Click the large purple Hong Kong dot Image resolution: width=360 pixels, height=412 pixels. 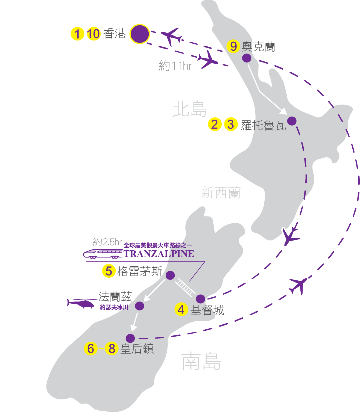pyautogui.click(x=140, y=34)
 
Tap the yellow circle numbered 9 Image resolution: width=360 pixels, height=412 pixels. pyautogui.click(x=233, y=46)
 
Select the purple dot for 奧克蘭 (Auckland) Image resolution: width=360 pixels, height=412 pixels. pyautogui.click(x=247, y=58)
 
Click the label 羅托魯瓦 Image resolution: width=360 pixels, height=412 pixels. pyautogui.click(x=263, y=125)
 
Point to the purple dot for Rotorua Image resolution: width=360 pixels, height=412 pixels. pyautogui.click(x=292, y=121)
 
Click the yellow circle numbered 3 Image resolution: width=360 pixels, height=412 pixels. pyautogui.click(x=231, y=124)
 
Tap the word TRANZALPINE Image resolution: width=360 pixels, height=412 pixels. pyautogui.click(x=159, y=254)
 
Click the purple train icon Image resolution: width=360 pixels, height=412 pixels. pyautogui.click(x=103, y=254)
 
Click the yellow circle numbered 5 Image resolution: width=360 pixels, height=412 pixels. pyautogui.click(x=109, y=271)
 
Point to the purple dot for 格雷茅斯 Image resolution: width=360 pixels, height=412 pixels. pyautogui.click(x=170, y=275)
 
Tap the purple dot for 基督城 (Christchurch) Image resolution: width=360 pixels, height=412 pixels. pyautogui.click(x=200, y=299)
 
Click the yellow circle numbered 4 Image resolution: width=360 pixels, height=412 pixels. pyautogui.click(x=181, y=310)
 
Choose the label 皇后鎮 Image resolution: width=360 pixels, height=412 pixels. pyautogui.click(x=137, y=349)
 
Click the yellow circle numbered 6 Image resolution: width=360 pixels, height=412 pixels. pyautogui.click(x=91, y=348)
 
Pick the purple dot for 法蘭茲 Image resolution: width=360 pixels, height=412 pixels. pyautogui.click(x=139, y=306)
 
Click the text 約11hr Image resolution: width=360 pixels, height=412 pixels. pyautogui.click(x=175, y=66)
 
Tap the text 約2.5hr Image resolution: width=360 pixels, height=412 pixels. pyautogui.click(x=107, y=242)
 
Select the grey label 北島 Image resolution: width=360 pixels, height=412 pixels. pyautogui.click(x=189, y=109)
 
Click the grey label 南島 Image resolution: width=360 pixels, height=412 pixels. pyautogui.click(x=201, y=361)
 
